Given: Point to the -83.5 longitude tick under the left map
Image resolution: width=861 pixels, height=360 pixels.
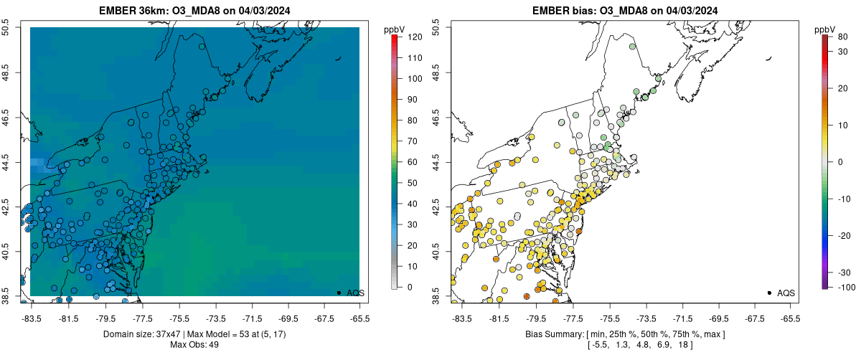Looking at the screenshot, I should pos(31,318).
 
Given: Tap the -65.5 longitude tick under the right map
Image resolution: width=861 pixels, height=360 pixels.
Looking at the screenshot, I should pos(789,318).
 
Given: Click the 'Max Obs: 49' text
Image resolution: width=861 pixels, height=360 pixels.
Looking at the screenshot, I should pos(194,345).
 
